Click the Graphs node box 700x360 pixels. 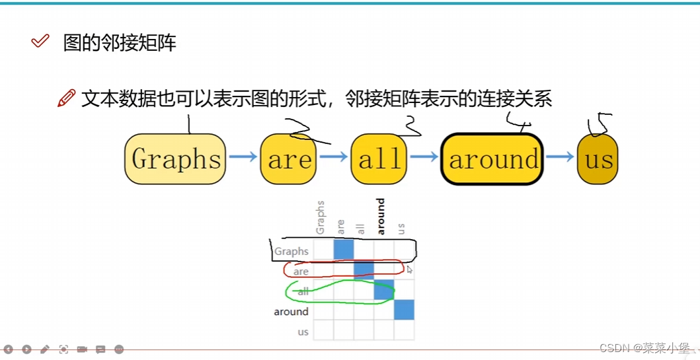175,159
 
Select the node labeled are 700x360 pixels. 290,159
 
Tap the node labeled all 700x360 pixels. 379,159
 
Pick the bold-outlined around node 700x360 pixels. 492,159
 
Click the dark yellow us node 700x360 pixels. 598,159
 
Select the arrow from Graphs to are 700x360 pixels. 243,157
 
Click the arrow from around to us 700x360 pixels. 560,157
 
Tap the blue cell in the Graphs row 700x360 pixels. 344,250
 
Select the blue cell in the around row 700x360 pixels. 404,310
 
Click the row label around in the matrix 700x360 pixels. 291,312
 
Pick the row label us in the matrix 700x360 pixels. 303,332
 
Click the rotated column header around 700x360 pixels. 381,217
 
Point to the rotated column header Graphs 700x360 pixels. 321,217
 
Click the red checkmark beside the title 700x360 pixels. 40,42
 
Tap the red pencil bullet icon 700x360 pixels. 66,98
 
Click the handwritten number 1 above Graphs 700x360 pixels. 189,124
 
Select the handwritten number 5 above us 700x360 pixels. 600,124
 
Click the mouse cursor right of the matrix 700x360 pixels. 409,270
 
